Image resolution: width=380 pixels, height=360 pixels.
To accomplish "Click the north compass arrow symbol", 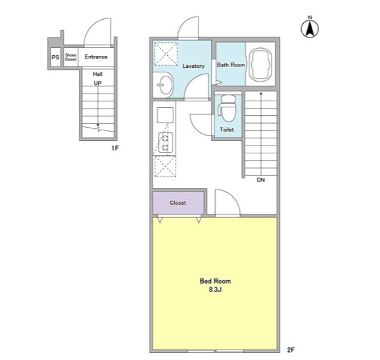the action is (310, 28).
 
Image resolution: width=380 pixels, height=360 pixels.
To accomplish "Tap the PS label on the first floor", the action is (55, 57).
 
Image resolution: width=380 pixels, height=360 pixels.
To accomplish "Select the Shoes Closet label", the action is (70, 57).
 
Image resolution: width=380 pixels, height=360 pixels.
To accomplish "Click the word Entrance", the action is (96, 57).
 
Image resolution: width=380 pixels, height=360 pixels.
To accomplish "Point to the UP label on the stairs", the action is (97, 83).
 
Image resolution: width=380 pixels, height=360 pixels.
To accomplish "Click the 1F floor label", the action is (115, 148).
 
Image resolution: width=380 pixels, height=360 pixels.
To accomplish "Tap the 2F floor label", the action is (291, 350).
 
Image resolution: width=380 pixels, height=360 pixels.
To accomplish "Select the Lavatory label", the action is (193, 66).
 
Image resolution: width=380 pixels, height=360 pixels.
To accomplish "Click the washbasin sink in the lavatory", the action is (165, 85).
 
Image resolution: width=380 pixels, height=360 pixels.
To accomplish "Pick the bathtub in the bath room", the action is (260, 64).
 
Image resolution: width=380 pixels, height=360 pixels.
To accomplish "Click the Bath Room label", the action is (231, 64).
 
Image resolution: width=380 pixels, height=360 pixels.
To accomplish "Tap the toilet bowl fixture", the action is (227, 108).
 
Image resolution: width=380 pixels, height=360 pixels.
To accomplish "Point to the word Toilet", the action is (227, 130).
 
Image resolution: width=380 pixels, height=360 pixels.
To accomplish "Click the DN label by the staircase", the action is (261, 180).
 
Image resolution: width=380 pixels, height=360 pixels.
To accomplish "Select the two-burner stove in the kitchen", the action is (166, 142).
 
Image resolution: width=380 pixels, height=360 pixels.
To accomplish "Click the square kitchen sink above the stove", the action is (165, 115).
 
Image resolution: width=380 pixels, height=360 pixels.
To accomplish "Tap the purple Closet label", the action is (178, 203).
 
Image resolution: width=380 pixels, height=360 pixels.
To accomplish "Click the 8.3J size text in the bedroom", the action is (215, 290).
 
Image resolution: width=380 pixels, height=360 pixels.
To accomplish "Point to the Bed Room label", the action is (215, 281).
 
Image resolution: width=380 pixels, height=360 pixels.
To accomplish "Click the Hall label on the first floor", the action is (98, 74).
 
